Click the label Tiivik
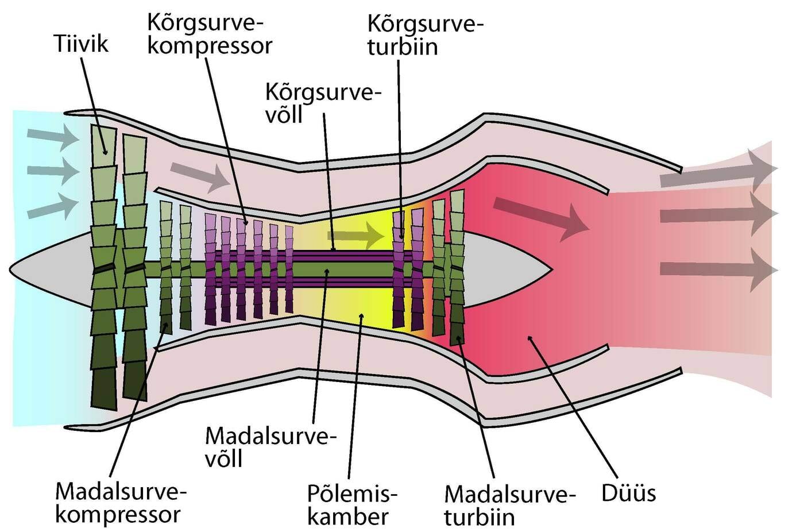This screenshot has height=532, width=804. [81, 44]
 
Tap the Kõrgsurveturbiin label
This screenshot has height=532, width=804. [425, 35]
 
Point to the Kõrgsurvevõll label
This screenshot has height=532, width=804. [323, 103]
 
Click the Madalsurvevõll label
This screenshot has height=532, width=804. [270, 446]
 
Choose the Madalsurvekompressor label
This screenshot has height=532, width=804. [121, 503]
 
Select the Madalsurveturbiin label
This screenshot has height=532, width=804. [509, 505]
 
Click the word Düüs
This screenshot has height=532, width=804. [628, 492]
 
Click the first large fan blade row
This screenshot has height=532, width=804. [104, 267]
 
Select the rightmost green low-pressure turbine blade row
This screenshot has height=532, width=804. [457, 267]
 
